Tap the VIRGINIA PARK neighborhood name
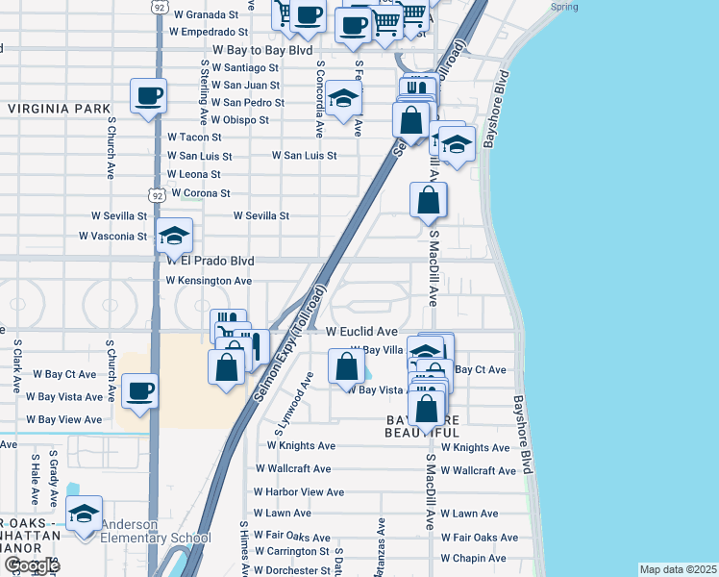60,110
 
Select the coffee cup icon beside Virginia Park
150,96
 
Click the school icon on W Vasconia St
174,236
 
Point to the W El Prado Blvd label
211,261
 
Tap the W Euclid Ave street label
361,332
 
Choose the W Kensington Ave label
209,281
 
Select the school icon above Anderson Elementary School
85,513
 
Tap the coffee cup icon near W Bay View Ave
140,391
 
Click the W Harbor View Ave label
298,492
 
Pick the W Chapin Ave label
476,559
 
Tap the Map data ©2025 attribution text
678,569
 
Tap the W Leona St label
193,174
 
